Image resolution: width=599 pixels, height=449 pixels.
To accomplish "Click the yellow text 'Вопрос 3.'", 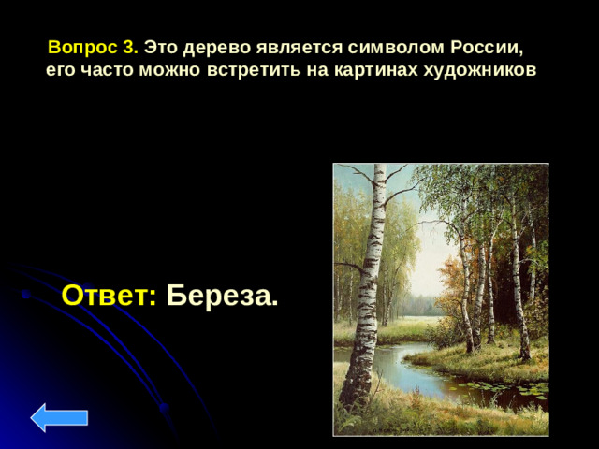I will (93, 48).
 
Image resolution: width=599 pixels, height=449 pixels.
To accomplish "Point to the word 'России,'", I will (477, 48).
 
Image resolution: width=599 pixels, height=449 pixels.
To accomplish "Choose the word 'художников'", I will (475, 72).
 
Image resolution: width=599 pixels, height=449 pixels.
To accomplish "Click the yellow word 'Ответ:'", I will (109, 297).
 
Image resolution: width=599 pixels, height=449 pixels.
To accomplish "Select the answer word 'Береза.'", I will (222, 297).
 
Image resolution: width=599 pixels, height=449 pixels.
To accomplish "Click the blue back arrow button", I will (59, 417).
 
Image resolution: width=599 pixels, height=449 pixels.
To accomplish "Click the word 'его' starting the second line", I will (62, 72).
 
